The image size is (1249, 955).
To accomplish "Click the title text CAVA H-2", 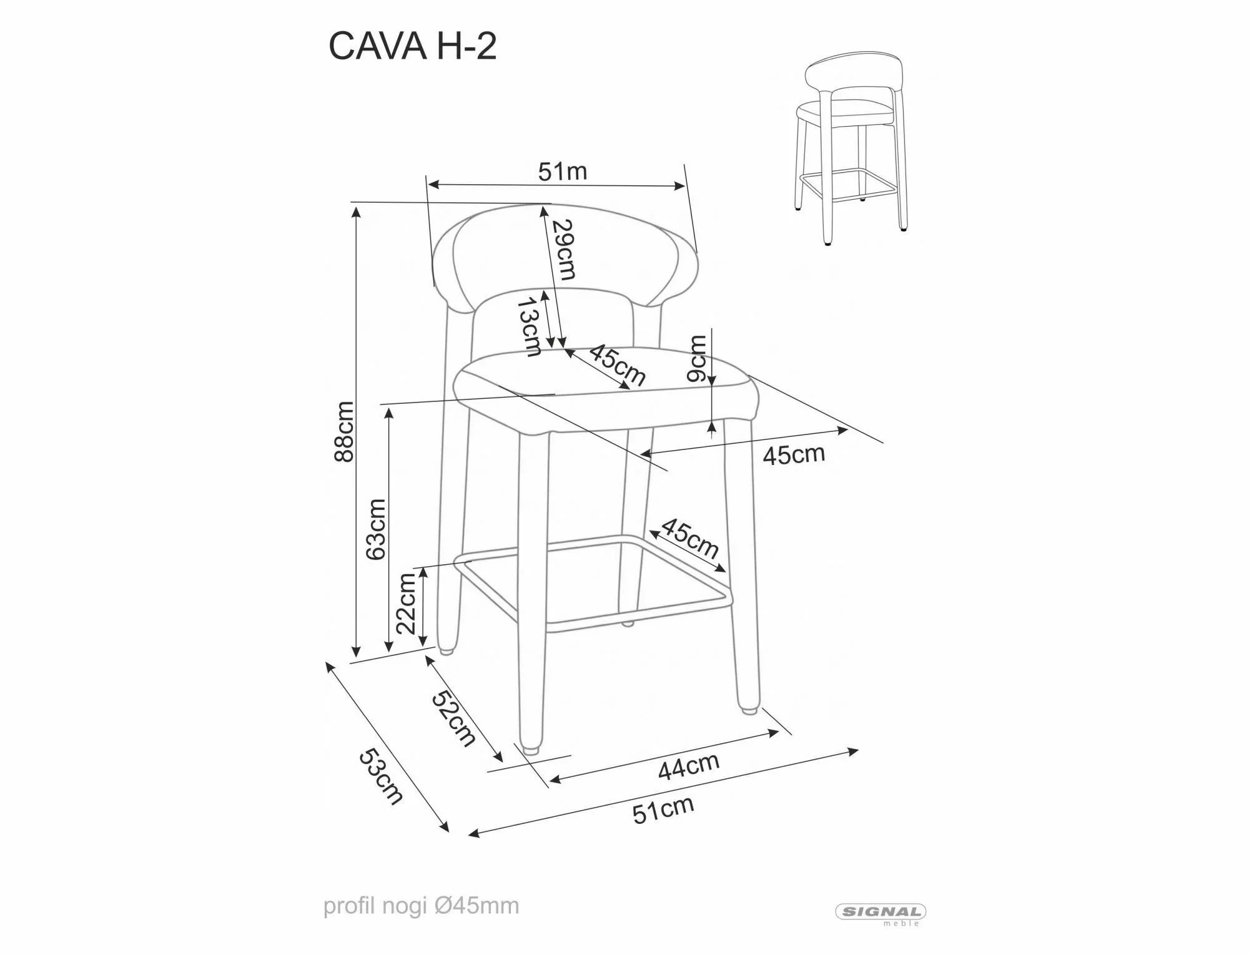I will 412,46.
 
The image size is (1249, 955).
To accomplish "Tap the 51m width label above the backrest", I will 563,171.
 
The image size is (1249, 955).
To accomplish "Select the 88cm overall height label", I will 344,431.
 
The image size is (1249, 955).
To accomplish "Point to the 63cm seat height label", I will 377,529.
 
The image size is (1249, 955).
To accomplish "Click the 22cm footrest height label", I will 407,603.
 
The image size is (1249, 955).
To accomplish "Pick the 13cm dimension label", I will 530,326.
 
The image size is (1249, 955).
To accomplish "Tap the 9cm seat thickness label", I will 697,358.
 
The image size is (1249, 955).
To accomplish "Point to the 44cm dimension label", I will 688,766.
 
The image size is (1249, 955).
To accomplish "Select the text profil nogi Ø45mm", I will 421,906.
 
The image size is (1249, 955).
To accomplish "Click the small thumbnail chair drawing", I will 853,150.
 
